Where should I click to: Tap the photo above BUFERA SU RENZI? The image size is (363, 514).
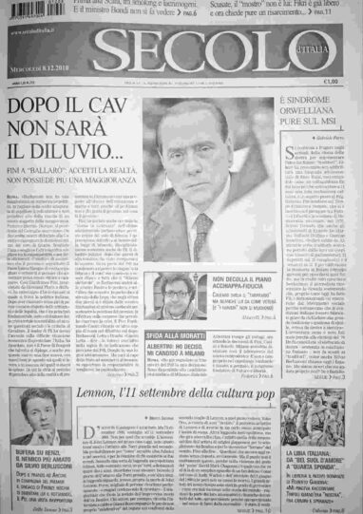click(36, 422)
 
